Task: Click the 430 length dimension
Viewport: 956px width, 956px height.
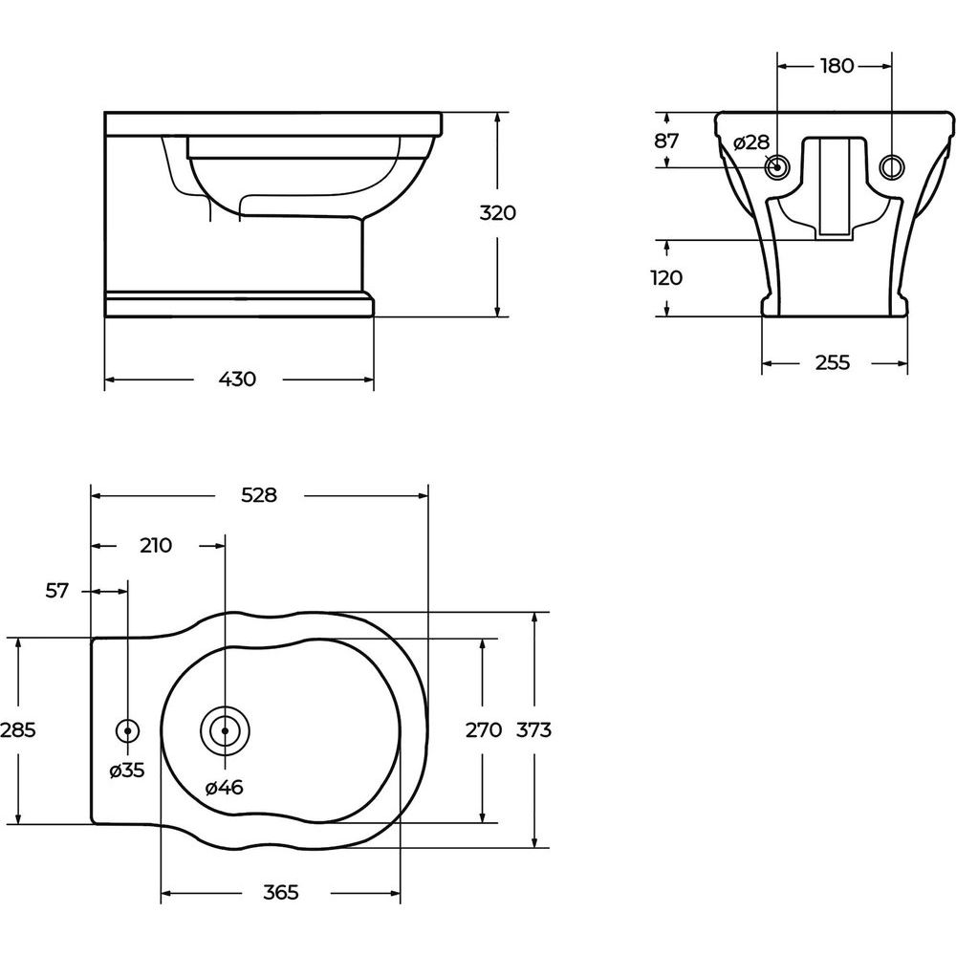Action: pos(237,379)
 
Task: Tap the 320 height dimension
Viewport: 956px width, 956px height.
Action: pos(497,213)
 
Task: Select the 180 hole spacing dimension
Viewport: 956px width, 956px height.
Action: pos(837,66)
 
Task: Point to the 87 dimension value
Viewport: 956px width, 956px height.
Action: pos(666,141)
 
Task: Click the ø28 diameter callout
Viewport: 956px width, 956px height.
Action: pos(751,142)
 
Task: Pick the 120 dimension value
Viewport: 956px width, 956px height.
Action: pos(666,278)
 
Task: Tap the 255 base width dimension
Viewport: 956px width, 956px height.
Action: pos(833,362)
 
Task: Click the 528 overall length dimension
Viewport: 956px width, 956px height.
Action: pos(259,495)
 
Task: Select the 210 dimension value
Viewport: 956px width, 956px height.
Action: pos(156,545)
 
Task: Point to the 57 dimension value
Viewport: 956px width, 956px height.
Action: pos(57,590)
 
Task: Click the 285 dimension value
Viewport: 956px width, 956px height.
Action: pos(17,729)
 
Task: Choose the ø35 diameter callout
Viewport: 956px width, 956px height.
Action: pos(127,770)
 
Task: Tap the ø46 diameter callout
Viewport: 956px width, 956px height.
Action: pos(225,787)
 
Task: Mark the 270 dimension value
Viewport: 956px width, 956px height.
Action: pos(484,729)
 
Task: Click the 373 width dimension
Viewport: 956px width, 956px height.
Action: pos(533,729)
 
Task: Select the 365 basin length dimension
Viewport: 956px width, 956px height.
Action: pos(281,893)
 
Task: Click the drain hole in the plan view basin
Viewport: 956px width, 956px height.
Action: pos(225,729)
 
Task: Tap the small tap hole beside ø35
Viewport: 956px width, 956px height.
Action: pos(127,729)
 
